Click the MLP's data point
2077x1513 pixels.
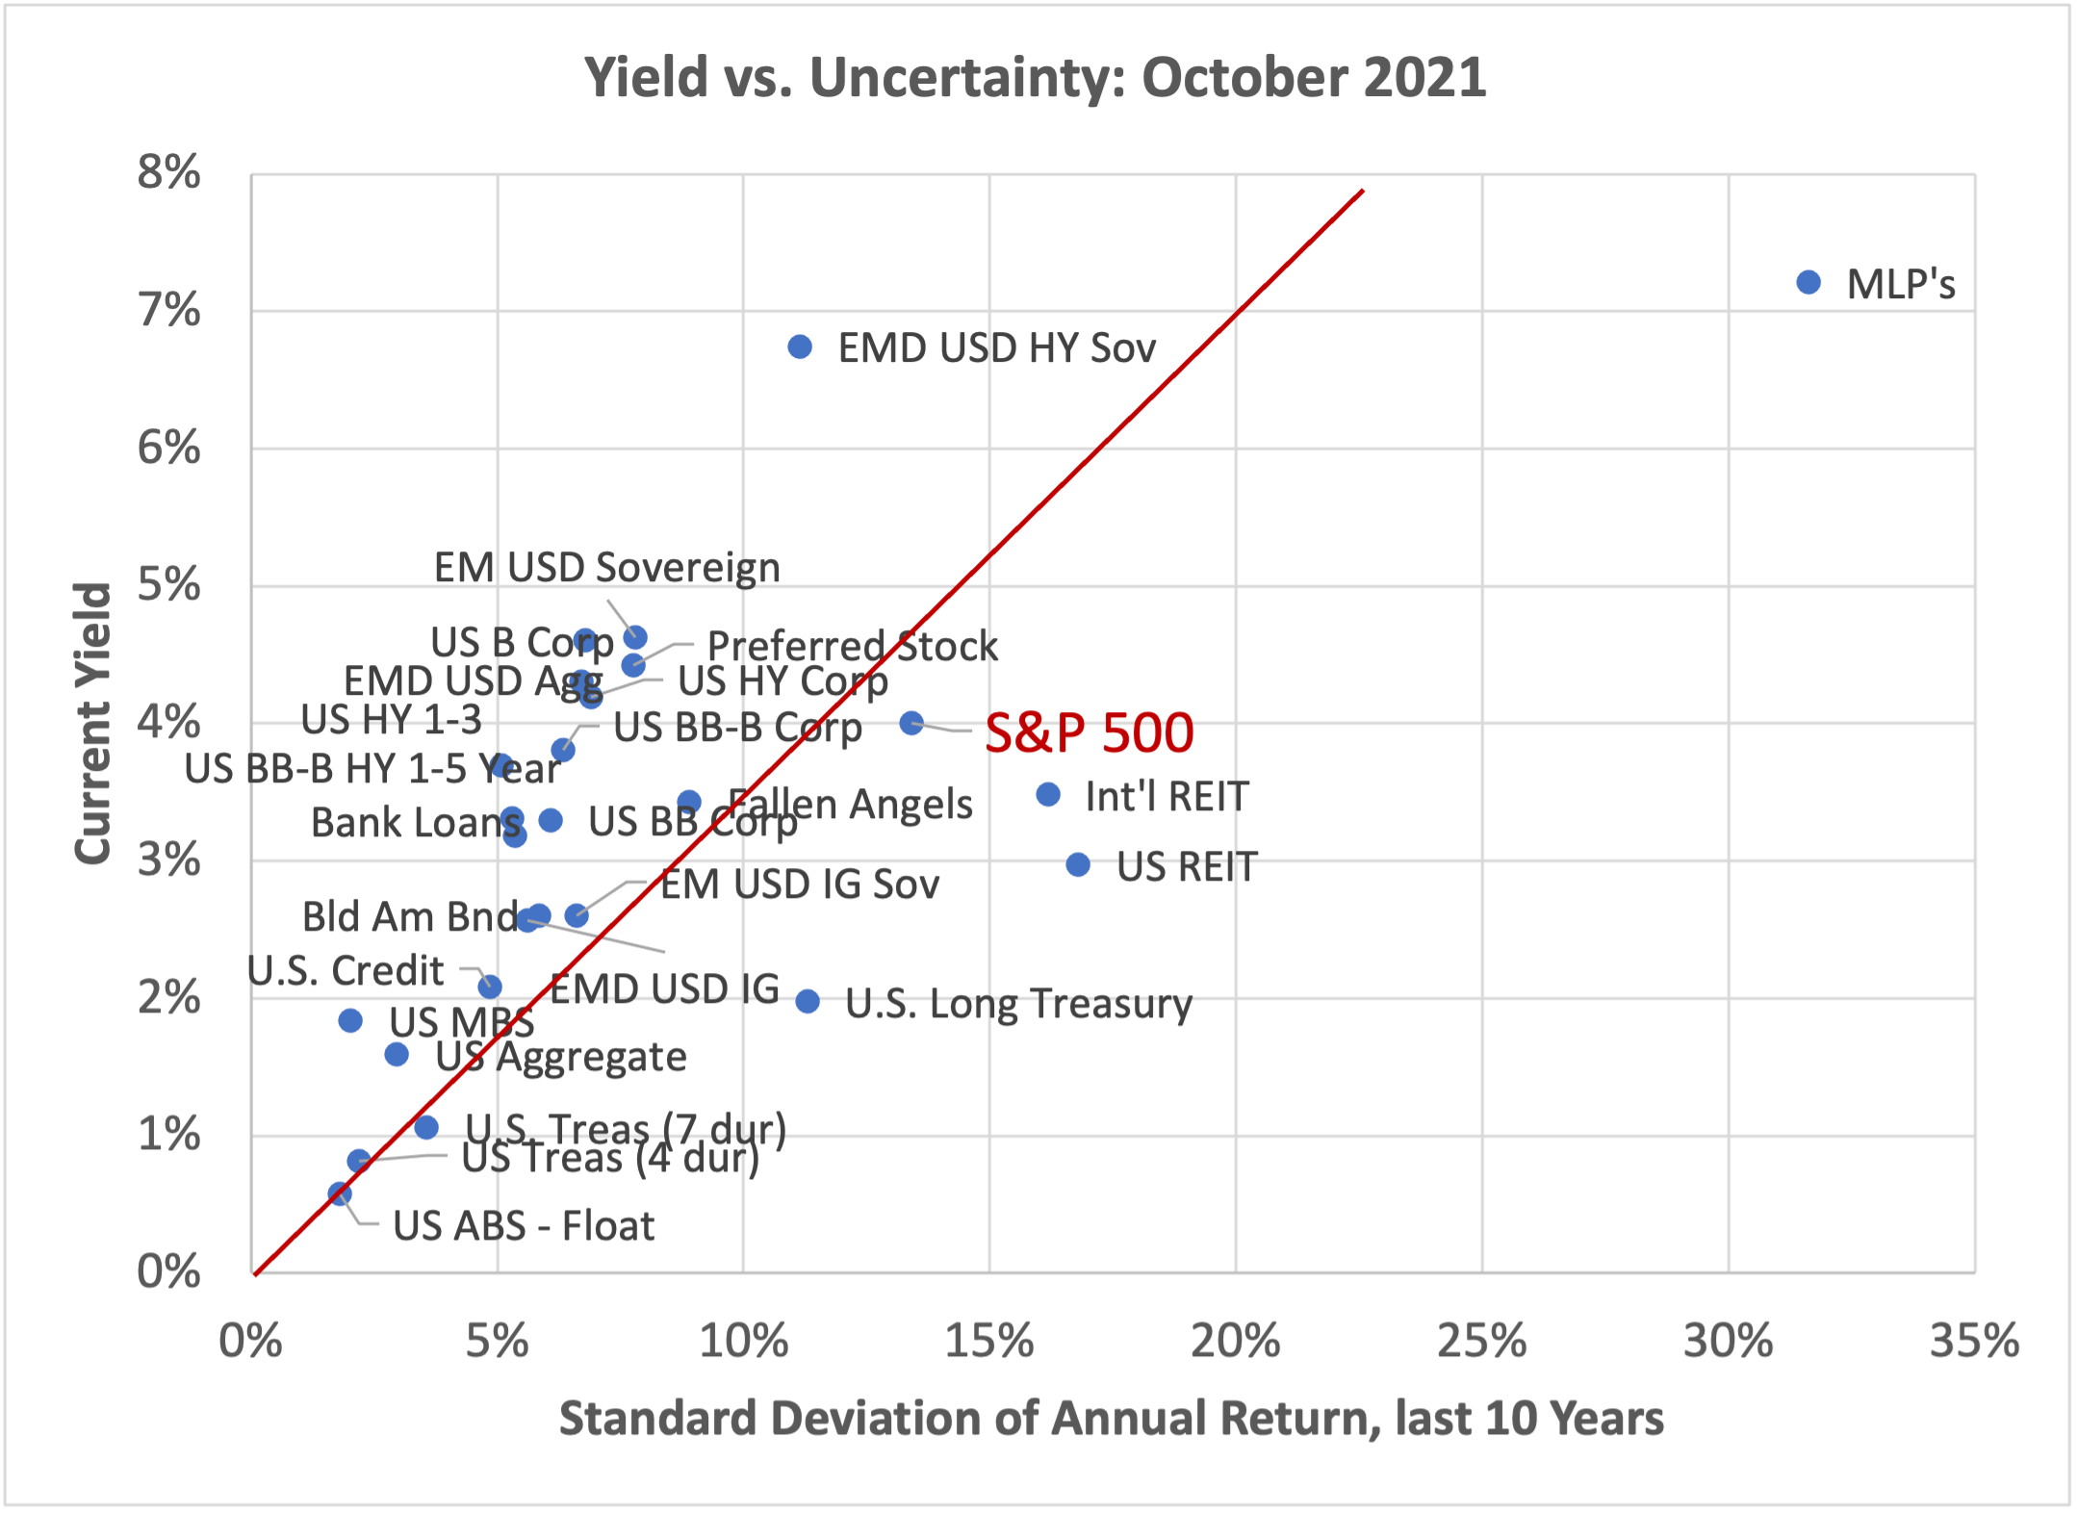pos(1808,282)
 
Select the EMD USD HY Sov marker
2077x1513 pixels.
pos(800,346)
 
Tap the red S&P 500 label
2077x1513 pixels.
pos(1089,732)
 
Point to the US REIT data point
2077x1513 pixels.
pos(1078,864)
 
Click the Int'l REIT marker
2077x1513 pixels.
pos(1048,794)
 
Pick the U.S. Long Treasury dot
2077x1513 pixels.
pos(808,1002)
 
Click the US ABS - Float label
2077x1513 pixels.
pos(524,1226)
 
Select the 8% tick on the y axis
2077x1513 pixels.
pos(169,173)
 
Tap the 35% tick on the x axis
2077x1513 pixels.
pos(1974,1341)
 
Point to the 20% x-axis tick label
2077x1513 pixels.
pos(1235,1341)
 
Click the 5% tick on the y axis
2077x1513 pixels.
pos(169,585)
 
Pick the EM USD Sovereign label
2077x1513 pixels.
pos(606,568)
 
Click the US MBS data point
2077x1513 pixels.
pos(350,1020)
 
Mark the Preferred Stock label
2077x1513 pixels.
pos(852,646)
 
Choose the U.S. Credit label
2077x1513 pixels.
pos(346,970)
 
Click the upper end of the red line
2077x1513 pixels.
pos(1362,192)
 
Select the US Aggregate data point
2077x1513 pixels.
pos(397,1055)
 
